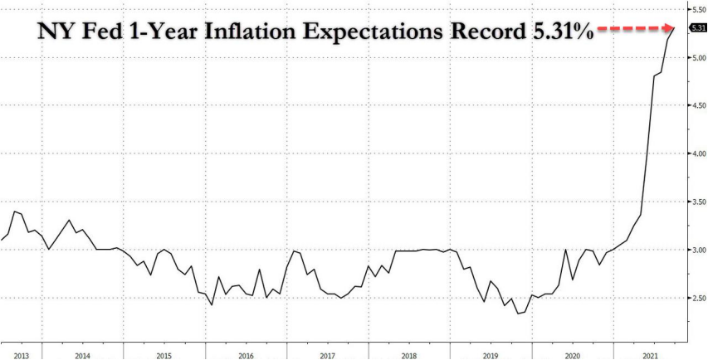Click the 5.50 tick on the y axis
click(698, 9)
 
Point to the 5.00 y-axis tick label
click(698, 57)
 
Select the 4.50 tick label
click(698, 105)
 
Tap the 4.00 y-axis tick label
click(698, 153)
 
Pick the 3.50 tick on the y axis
click(698, 202)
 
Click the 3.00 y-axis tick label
click(698, 250)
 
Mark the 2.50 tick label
click(698, 298)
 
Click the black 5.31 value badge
click(699, 28)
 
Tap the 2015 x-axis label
click(164, 355)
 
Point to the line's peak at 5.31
click(674, 28)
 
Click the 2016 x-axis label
click(247, 355)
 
